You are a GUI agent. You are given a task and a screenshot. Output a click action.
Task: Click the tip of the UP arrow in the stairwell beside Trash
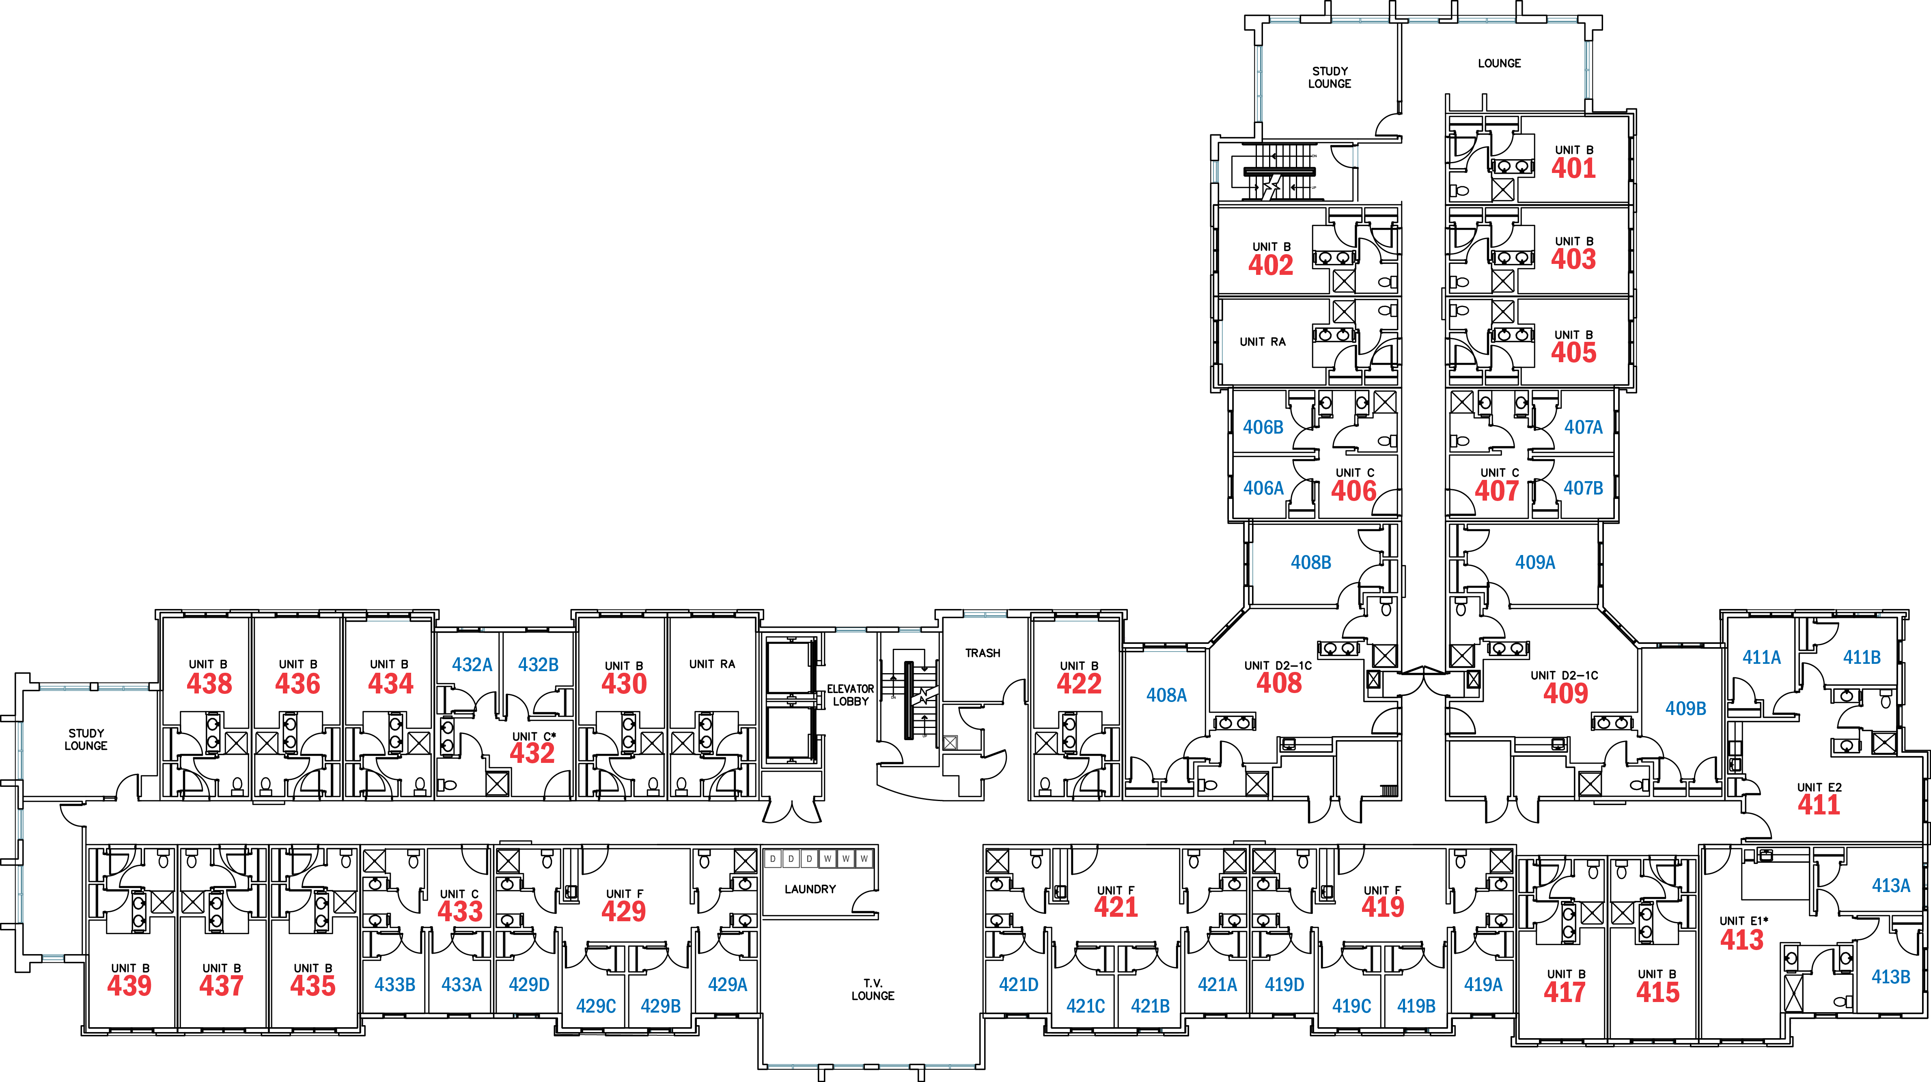click(924, 716)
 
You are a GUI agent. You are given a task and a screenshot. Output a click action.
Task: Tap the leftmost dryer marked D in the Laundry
click(773, 859)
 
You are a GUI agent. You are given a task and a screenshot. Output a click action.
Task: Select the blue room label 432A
click(472, 664)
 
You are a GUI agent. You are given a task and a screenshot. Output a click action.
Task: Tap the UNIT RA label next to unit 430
click(712, 663)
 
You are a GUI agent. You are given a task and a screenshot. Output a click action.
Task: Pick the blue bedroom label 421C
click(1086, 1006)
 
